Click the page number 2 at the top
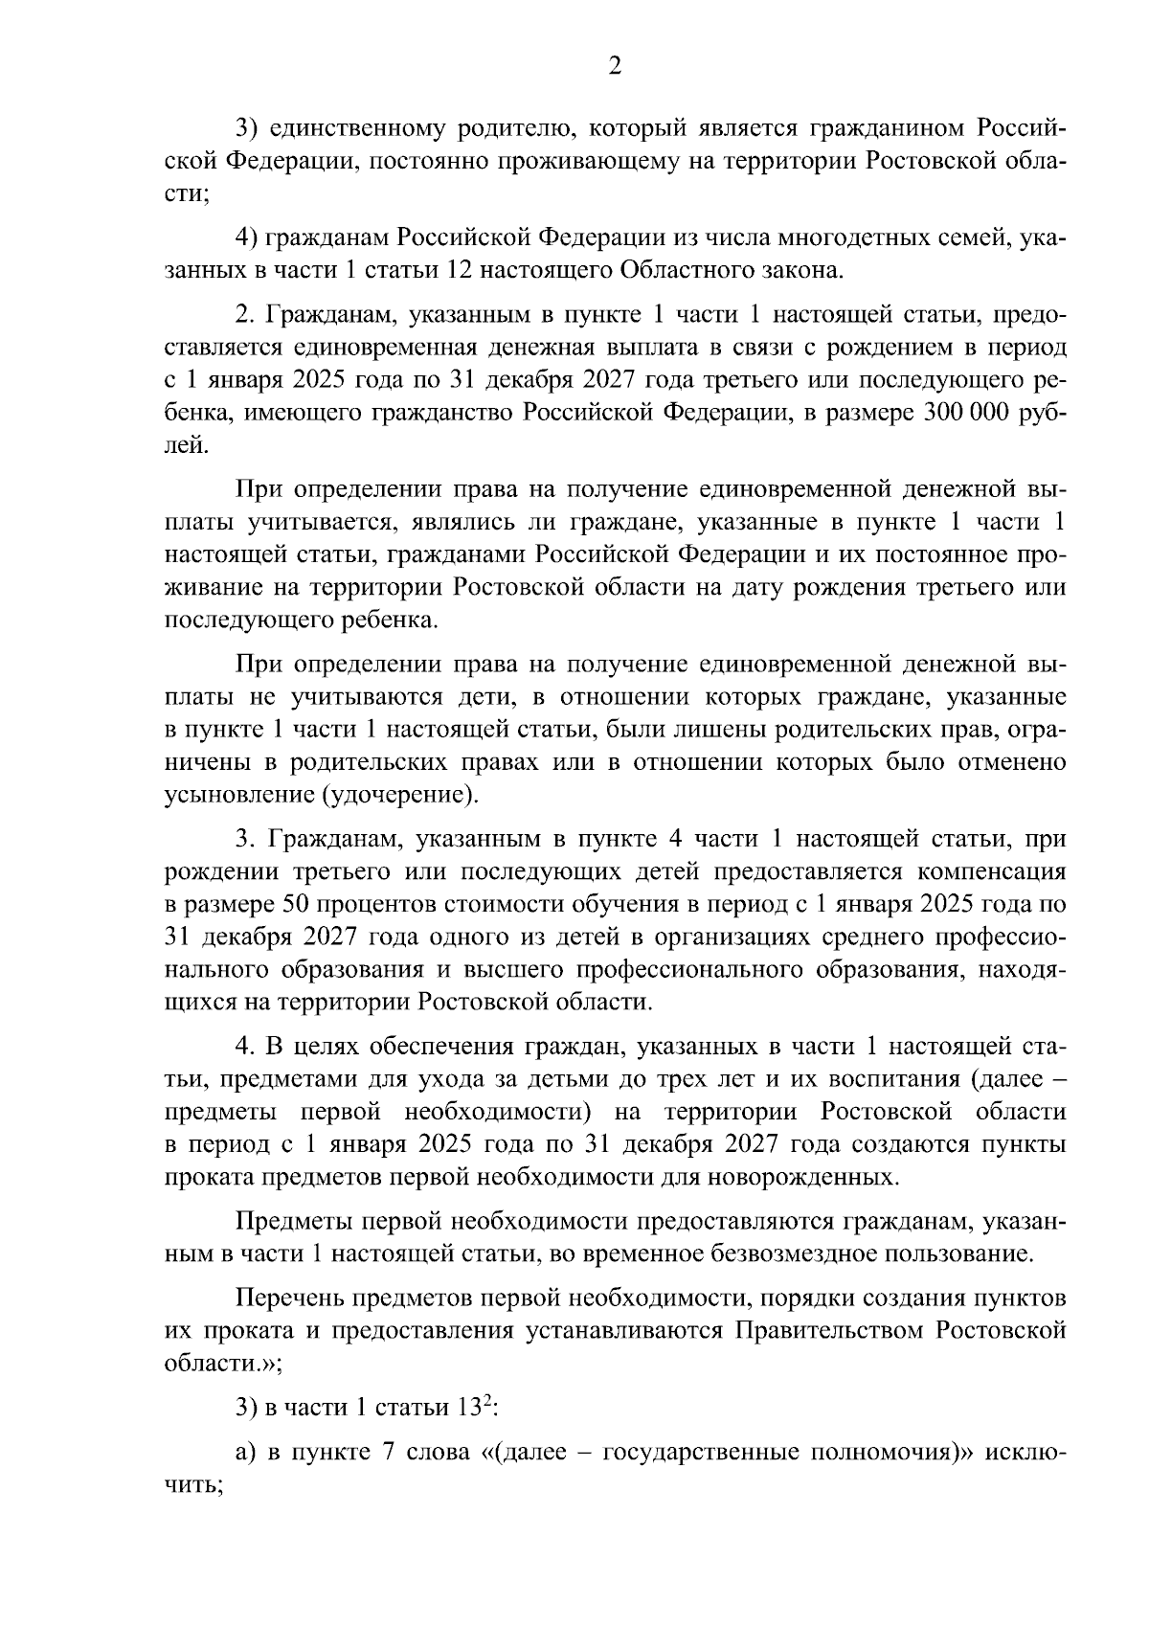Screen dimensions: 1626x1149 coord(615,66)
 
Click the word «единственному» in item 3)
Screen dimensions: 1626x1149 coord(348,126)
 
